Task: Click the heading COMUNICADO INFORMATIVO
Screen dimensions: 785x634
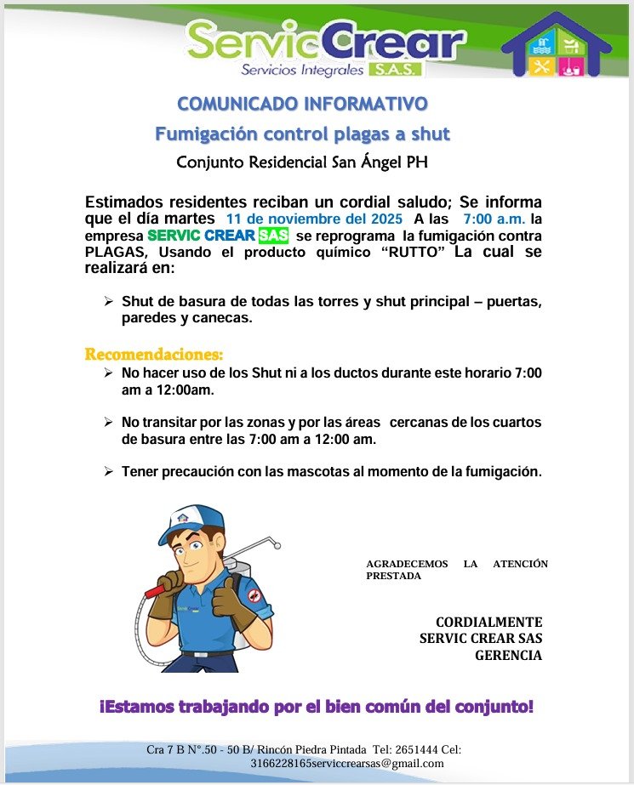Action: [x=301, y=105]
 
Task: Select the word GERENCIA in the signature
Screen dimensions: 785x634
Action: [x=508, y=655]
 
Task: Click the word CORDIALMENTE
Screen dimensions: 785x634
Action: [x=488, y=623]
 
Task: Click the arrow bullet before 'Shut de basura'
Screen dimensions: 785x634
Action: [x=108, y=301]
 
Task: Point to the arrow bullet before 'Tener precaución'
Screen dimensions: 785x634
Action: [x=108, y=470]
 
